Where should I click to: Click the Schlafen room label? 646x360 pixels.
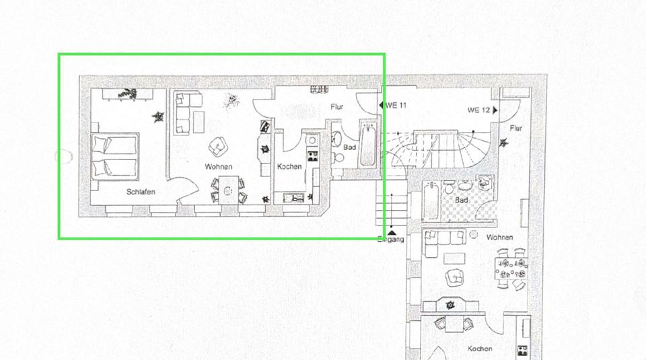point(141,192)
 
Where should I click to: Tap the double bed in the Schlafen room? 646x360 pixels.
point(115,155)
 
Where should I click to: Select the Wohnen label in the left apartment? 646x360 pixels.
point(219,166)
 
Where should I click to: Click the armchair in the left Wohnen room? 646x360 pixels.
point(217,145)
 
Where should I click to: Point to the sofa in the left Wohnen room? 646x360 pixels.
point(182,112)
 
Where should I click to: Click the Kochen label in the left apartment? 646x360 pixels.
point(290,166)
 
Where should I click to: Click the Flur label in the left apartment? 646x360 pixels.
point(338,106)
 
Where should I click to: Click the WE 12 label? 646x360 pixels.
point(478,110)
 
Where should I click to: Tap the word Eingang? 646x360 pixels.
point(390,240)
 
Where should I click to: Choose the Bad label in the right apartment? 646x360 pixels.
point(462,201)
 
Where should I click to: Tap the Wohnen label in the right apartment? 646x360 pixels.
point(500,238)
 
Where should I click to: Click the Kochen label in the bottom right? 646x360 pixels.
point(479,349)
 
